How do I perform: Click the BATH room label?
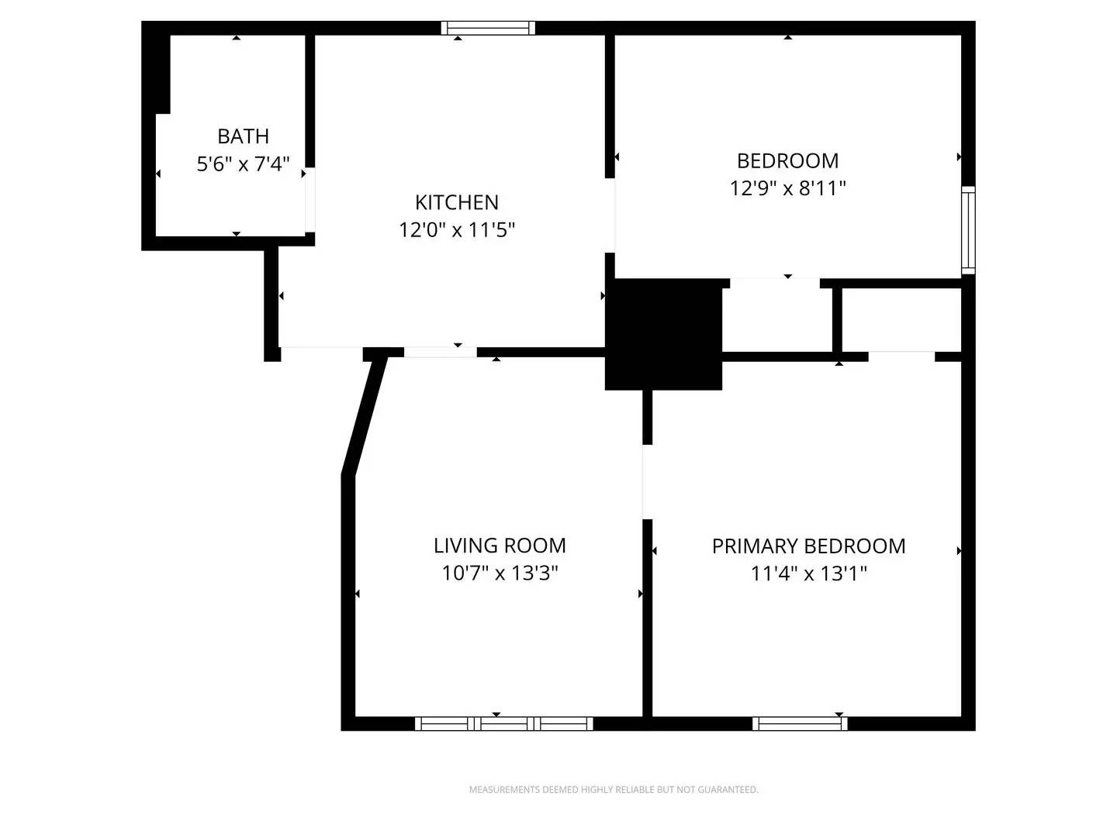(243, 136)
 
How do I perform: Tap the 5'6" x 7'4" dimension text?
(243, 164)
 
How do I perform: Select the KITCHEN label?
(456, 202)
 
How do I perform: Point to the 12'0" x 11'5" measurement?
(456, 230)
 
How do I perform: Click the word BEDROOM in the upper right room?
(787, 160)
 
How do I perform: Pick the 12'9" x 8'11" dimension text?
(787, 188)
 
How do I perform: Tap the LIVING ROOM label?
(500, 546)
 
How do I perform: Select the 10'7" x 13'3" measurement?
(500, 573)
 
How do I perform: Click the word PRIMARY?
(749, 546)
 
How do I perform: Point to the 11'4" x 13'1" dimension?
(808, 574)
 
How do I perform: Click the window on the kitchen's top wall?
(488, 28)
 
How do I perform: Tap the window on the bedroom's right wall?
(968, 230)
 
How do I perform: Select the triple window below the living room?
(504, 724)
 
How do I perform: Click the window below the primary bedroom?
(800, 724)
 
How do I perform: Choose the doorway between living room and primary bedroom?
(647, 481)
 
